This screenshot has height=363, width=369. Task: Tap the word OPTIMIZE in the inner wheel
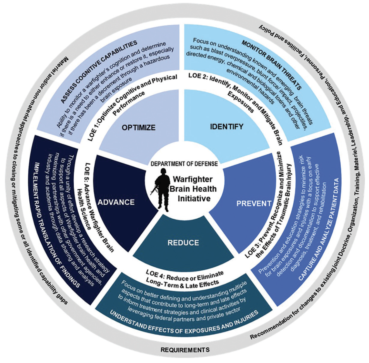coord(139,127)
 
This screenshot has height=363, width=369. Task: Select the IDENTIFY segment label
coord(226,126)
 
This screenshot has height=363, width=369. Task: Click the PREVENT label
coord(254,203)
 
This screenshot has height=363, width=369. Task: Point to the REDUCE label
coord(183,243)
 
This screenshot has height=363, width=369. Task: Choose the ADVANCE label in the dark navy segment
coord(116,202)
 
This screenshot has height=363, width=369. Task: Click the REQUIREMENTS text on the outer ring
coord(185,350)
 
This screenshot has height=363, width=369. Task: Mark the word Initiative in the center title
coord(194,198)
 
